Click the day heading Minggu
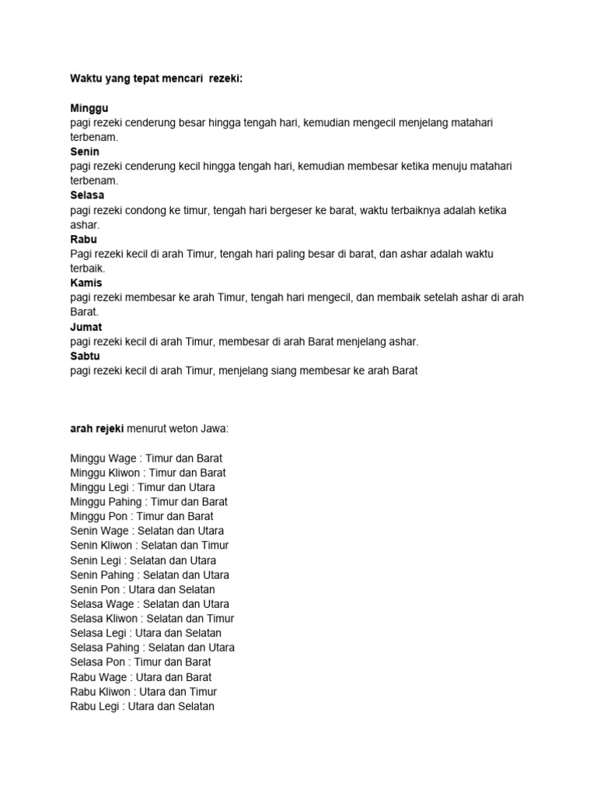pyautogui.click(x=89, y=108)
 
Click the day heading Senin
pyautogui.click(x=85, y=152)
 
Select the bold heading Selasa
pyautogui.click(x=87, y=195)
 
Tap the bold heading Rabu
pyautogui.click(x=83, y=239)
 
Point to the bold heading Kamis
pyautogui.click(x=86, y=283)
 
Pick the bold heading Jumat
pyautogui.click(x=86, y=327)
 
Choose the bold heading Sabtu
pyautogui.click(x=86, y=356)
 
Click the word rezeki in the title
pyautogui.click(x=226, y=79)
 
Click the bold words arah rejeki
pyautogui.click(x=96, y=429)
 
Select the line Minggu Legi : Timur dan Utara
pyautogui.click(x=142, y=487)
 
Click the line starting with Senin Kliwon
pyautogui.click(x=149, y=546)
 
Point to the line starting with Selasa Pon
pyautogui.click(x=140, y=662)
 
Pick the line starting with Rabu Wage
pyautogui.click(x=141, y=677)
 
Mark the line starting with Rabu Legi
pyautogui.click(x=141, y=707)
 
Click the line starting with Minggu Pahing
pyautogui.click(x=148, y=502)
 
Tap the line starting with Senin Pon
pyautogui.click(x=142, y=589)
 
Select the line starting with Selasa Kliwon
pyautogui.click(x=152, y=619)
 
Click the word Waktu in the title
pyautogui.click(x=88, y=79)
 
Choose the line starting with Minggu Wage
pyautogui.click(x=146, y=458)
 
